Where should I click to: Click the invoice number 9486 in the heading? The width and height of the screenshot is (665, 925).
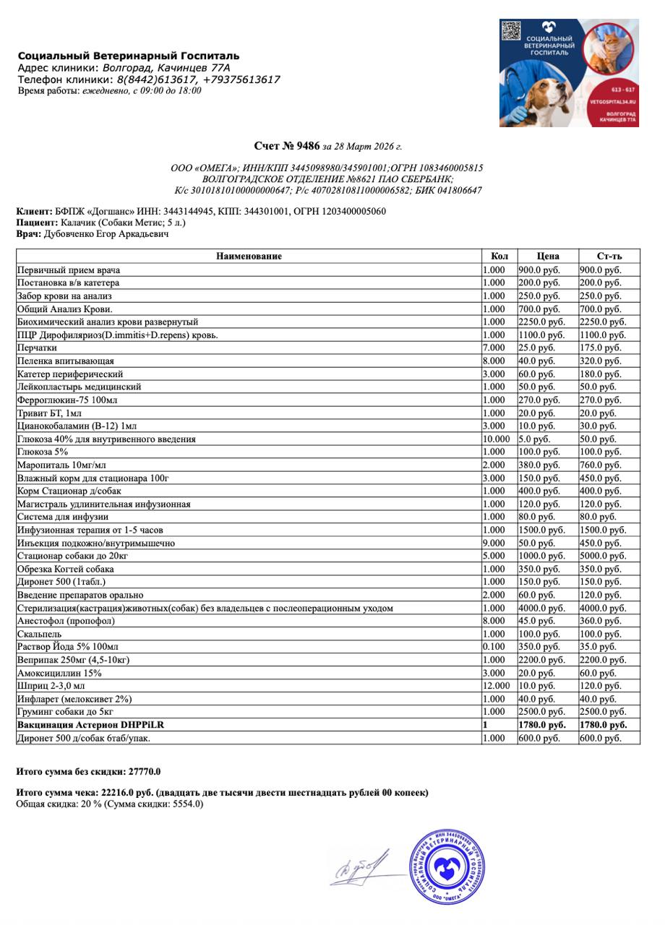click(x=307, y=147)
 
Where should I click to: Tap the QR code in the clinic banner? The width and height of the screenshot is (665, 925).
click(x=511, y=31)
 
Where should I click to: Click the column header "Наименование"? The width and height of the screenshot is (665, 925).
click(x=249, y=257)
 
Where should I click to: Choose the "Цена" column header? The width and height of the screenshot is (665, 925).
click(x=548, y=257)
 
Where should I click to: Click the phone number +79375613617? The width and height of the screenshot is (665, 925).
click(x=241, y=79)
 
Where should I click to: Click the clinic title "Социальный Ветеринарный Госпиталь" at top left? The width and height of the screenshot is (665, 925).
click(x=129, y=56)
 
